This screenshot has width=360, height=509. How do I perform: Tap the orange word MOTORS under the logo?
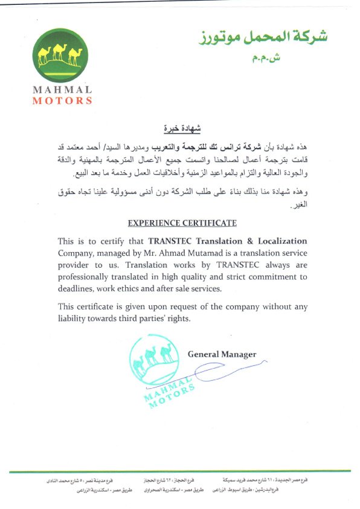[63, 100]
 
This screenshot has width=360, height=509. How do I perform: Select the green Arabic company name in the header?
[264, 37]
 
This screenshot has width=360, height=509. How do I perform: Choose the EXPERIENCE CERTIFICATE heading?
[182, 223]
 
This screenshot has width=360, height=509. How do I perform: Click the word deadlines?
[78, 289]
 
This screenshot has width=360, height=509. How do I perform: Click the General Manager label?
[222, 354]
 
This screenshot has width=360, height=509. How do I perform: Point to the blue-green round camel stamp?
[159, 366]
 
